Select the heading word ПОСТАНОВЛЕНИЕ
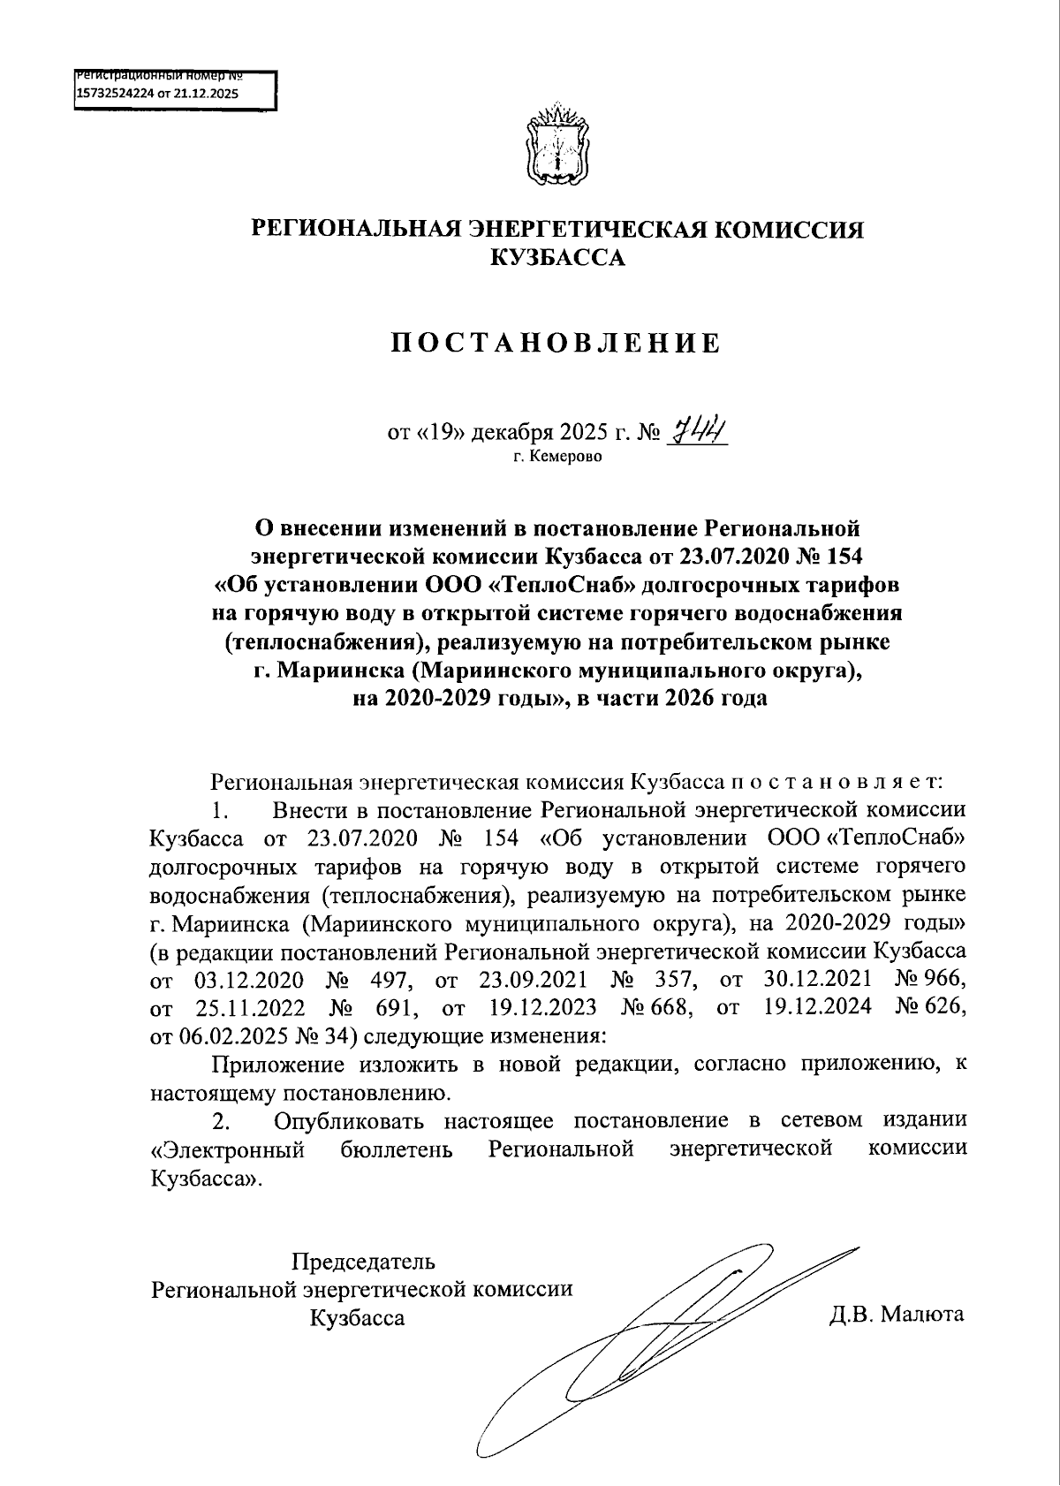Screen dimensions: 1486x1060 [556, 344]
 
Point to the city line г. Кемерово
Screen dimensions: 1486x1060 [556, 458]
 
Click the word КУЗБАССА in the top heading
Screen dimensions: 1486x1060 [557, 258]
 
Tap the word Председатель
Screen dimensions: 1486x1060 [363, 1261]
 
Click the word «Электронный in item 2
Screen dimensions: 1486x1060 [229, 1149]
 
